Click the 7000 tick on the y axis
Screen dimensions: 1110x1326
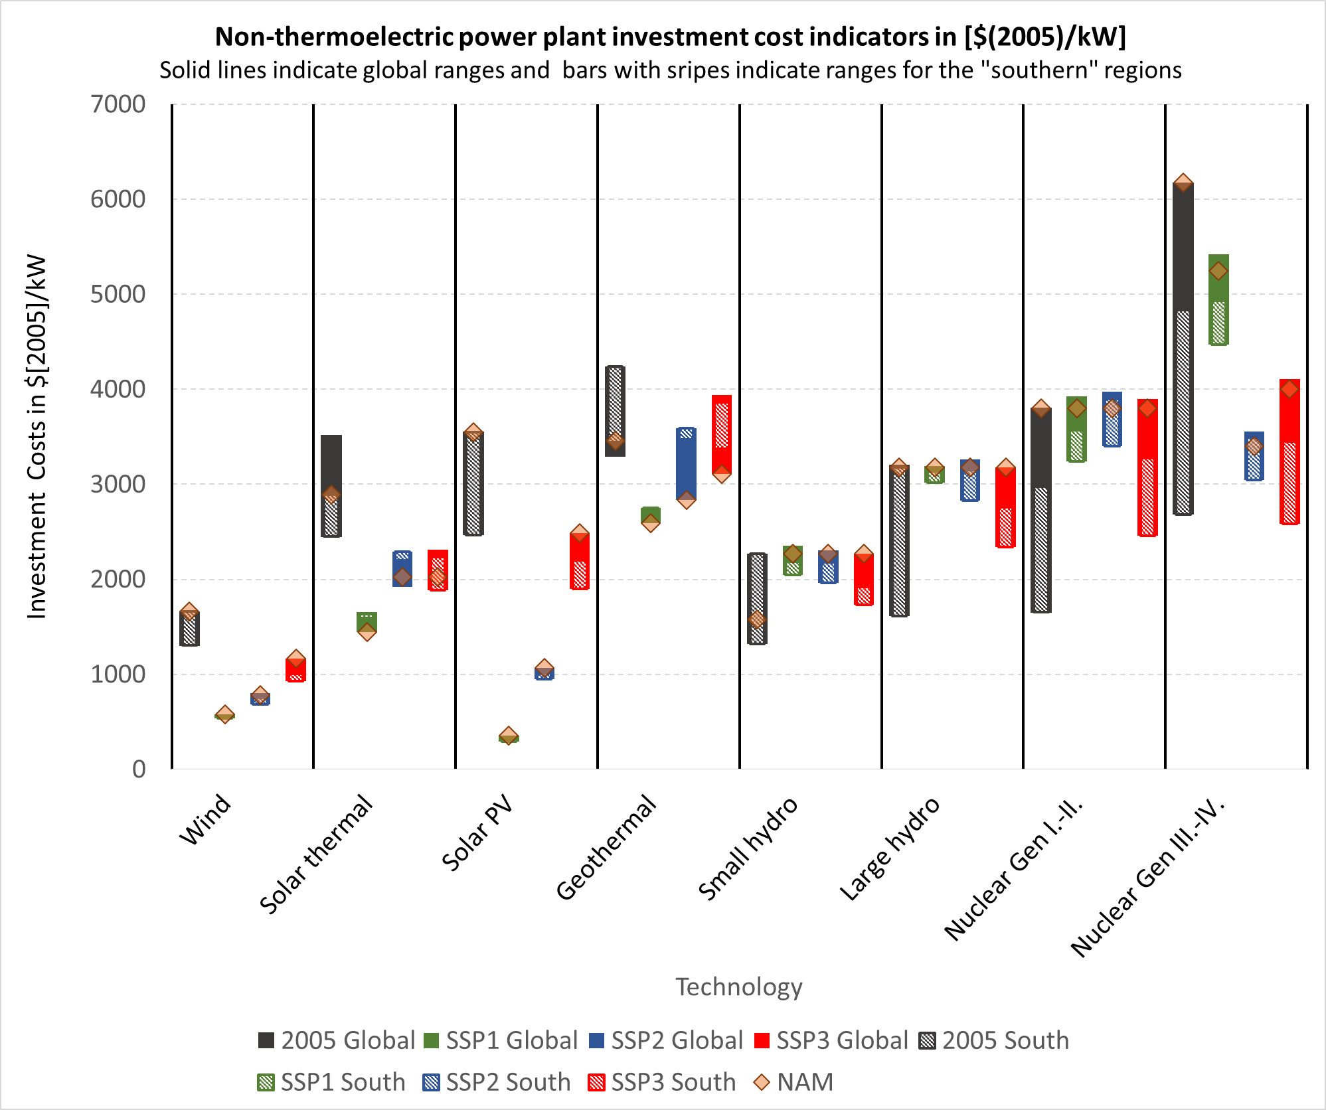(x=118, y=104)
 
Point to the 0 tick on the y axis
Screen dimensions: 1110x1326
(x=138, y=769)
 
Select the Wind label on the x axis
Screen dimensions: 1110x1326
(x=205, y=821)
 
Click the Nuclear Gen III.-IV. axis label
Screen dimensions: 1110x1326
(x=1147, y=878)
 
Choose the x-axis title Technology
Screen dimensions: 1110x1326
(x=738, y=987)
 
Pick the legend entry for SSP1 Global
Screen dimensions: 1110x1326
(x=501, y=1040)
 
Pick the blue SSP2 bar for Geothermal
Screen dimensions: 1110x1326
(x=686, y=465)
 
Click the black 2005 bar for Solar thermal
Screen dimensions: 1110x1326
(x=331, y=465)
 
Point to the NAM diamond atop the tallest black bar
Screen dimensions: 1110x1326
(x=1183, y=182)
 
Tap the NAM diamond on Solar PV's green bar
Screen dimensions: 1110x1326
(x=509, y=736)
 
